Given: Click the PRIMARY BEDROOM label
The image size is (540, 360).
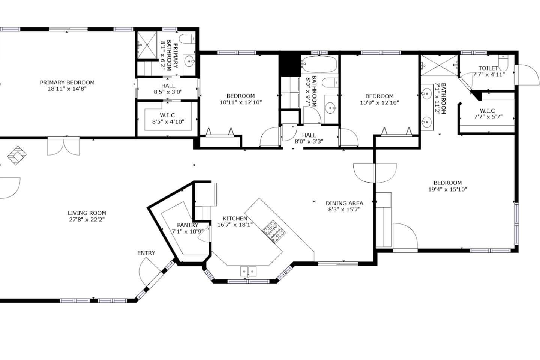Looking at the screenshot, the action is coord(67,82).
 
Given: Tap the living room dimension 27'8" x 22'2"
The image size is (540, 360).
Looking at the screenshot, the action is coord(87,220).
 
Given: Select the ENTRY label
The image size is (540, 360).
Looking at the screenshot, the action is coord(146,253).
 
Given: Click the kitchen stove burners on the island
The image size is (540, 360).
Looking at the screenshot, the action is coord(274,231).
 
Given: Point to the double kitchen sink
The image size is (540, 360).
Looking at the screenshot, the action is coord(248,271).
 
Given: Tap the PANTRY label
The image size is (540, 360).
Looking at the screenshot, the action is coord(187,225).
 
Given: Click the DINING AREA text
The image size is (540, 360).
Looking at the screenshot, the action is coord(344,203).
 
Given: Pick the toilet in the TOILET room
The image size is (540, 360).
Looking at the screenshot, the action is coord(503,63).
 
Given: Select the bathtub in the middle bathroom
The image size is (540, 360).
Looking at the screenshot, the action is coord(319,64).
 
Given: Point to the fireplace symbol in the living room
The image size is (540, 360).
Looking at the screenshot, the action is coord(16,156).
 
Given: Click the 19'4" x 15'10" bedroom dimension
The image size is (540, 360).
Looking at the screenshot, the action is coord(448,189).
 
